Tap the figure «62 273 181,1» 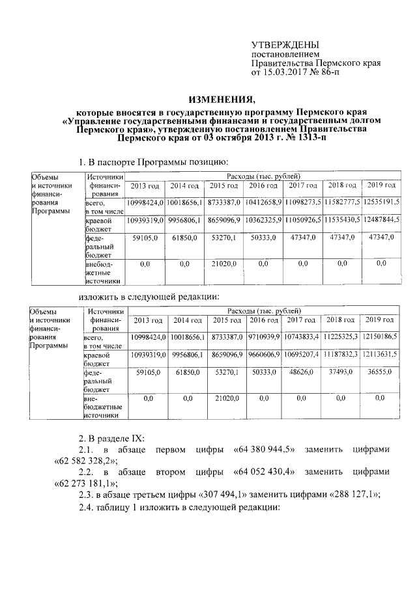pyautogui.click(x=84, y=483)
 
